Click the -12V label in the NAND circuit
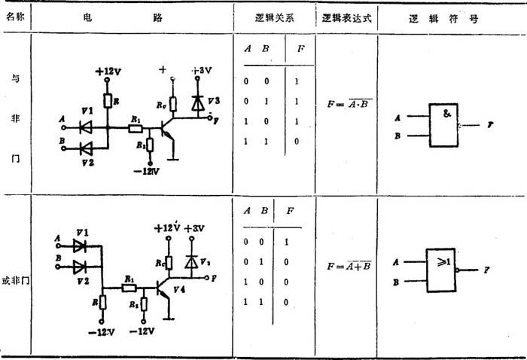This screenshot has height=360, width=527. [x=150, y=172]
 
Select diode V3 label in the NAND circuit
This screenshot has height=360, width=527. [x=215, y=99]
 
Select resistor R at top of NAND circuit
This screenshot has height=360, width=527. [x=108, y=100]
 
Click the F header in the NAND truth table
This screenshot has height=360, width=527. [x=299, y=48]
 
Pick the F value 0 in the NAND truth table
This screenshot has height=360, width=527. [x=299, y=140]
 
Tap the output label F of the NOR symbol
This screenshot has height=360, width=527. [x=487, y=269]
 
